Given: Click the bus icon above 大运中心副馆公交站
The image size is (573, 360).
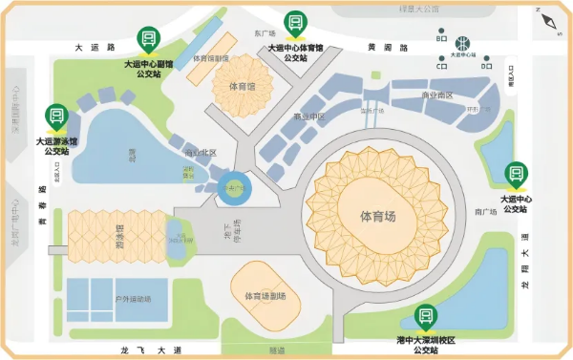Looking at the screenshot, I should (x=149, y=39).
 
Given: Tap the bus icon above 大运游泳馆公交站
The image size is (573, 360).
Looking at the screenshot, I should (x=56, y=117).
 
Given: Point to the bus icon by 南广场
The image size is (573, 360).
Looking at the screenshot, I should (x=515, y=174).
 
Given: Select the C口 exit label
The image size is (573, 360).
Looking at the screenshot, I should (x=442, y=67).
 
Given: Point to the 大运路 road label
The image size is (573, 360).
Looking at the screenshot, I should (x=95, y=46).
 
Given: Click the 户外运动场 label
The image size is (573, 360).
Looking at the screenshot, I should (x=132, y=299).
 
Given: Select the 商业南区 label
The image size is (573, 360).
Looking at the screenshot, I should (x=437, y=95).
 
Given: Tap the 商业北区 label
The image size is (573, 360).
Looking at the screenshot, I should (x=201, y=153).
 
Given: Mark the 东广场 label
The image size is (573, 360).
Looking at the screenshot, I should (x=265, y=33).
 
